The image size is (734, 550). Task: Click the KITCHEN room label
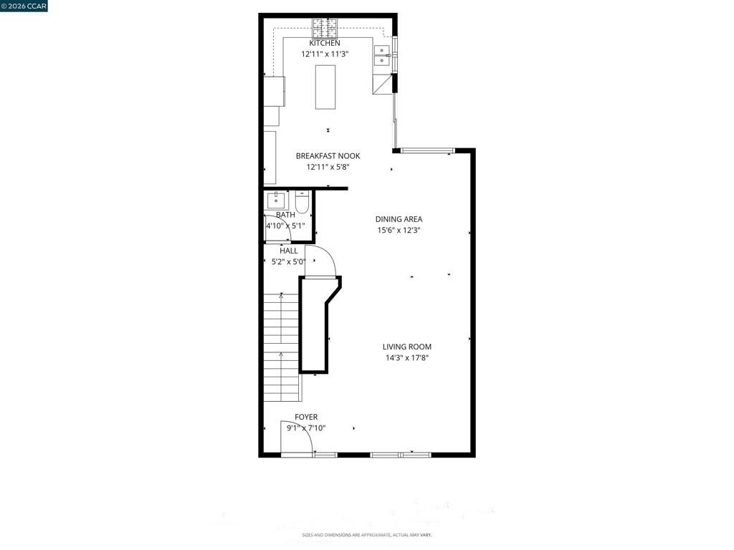325,43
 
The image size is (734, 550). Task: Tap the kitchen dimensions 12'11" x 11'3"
325,54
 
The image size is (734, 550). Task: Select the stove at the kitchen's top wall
325,29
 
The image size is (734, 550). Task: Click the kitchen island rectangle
325,87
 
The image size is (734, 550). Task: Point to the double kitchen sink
381,55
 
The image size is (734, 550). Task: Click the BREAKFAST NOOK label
328,156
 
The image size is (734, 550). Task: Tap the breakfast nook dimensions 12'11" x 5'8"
328,168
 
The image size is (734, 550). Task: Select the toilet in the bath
302,203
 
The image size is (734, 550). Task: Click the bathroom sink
276,200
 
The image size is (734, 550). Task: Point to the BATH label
285,215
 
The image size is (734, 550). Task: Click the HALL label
289,251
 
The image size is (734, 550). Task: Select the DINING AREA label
399,219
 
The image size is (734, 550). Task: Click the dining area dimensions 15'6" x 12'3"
399,231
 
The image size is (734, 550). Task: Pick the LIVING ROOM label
407,347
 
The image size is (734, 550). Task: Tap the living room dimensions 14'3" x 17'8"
407,358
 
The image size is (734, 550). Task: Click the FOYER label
306,417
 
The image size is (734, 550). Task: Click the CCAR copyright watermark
24,6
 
